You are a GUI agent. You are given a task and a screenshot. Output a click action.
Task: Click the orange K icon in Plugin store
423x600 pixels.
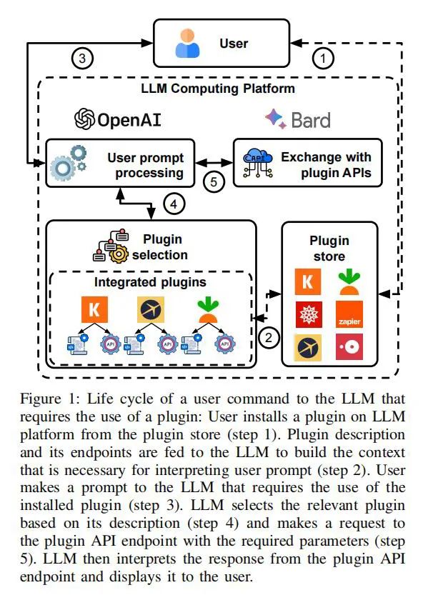coord(309,280)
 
